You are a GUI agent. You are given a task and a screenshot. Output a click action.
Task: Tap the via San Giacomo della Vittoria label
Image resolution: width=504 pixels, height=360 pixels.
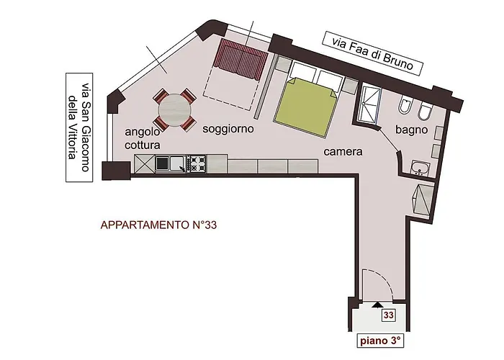point(81,127)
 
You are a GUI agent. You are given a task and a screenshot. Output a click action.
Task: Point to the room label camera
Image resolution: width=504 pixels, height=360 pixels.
point(342,152)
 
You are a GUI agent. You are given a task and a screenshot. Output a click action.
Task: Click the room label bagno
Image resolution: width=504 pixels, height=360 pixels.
point(412,130)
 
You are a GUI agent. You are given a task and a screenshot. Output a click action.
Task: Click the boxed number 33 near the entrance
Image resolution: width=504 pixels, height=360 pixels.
point(388,315)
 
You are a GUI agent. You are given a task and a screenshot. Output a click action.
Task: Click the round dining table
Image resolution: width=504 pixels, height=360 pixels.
point(175,111)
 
